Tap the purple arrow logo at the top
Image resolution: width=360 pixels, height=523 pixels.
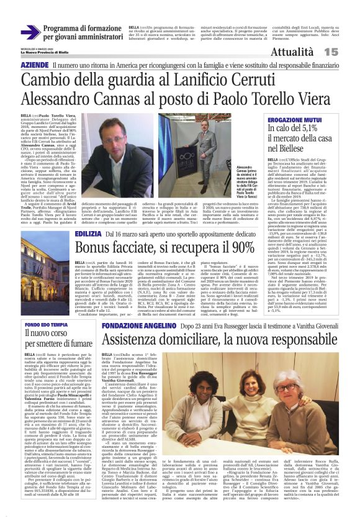[30, 32]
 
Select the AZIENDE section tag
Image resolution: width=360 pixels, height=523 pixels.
[34, 65]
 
